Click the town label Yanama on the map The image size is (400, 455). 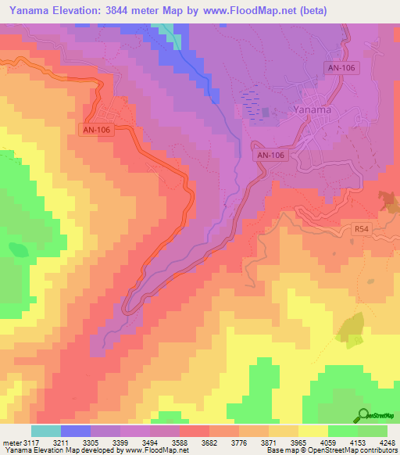(312, 110)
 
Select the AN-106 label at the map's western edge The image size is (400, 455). (98, 131)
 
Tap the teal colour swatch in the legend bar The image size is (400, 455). (46, 431)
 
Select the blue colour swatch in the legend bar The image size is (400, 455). (76, 431)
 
